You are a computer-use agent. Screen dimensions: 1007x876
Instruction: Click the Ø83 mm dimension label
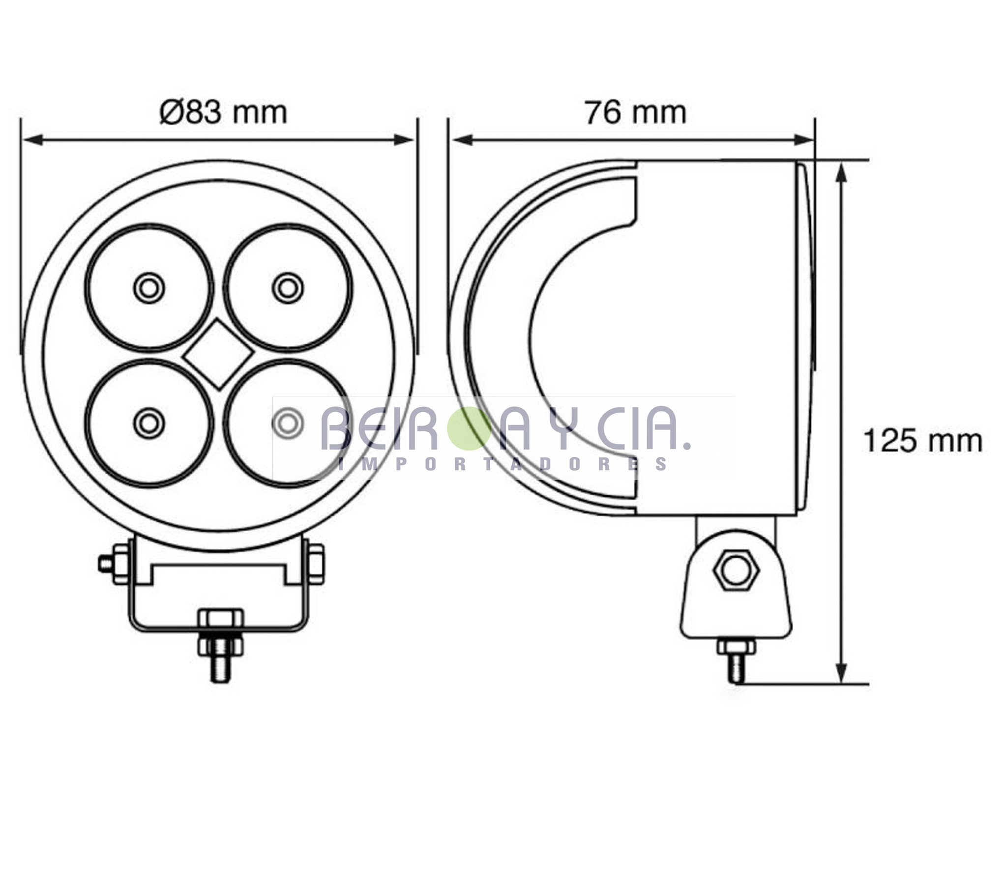[x=223, y=113]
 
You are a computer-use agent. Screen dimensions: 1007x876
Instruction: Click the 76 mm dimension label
[x=635, y=113]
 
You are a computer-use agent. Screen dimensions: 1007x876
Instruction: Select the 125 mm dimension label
[x=922, y=441]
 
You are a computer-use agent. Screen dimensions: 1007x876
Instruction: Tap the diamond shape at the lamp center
[x=218, y=354]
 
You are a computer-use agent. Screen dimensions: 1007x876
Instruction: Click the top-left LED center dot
[x=149, y=288]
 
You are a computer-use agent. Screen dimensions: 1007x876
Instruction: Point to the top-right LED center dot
[x=288, y=288]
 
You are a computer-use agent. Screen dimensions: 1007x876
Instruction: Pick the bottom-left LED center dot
[x=149, y=423]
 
